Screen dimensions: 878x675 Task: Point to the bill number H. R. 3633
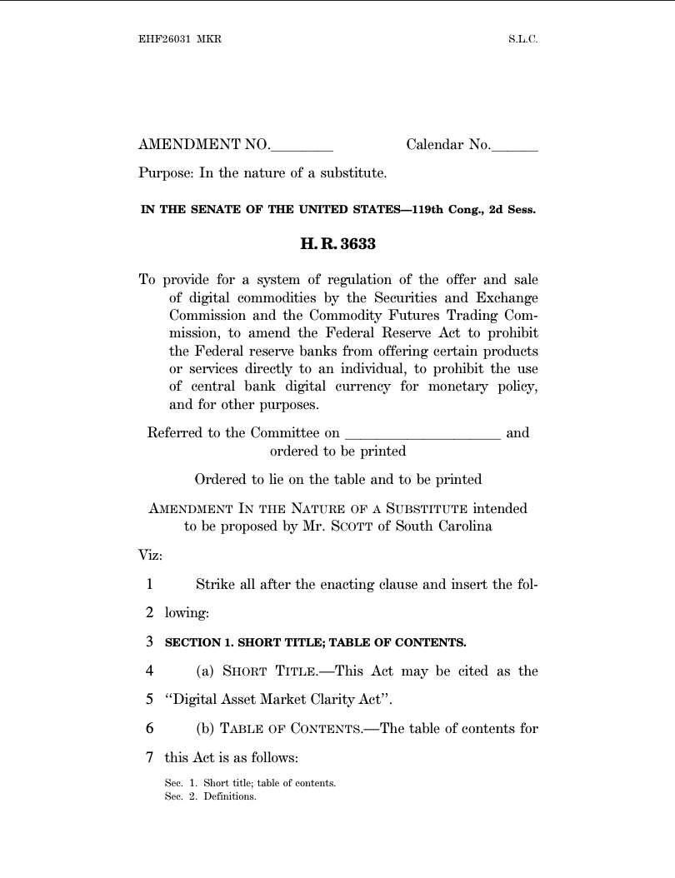(x=337, y=245)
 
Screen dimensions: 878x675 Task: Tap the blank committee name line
(x=422, y=434)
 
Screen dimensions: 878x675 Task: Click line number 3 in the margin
(x=149, y=642)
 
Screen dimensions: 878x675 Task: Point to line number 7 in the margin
(x=149, y=758)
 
